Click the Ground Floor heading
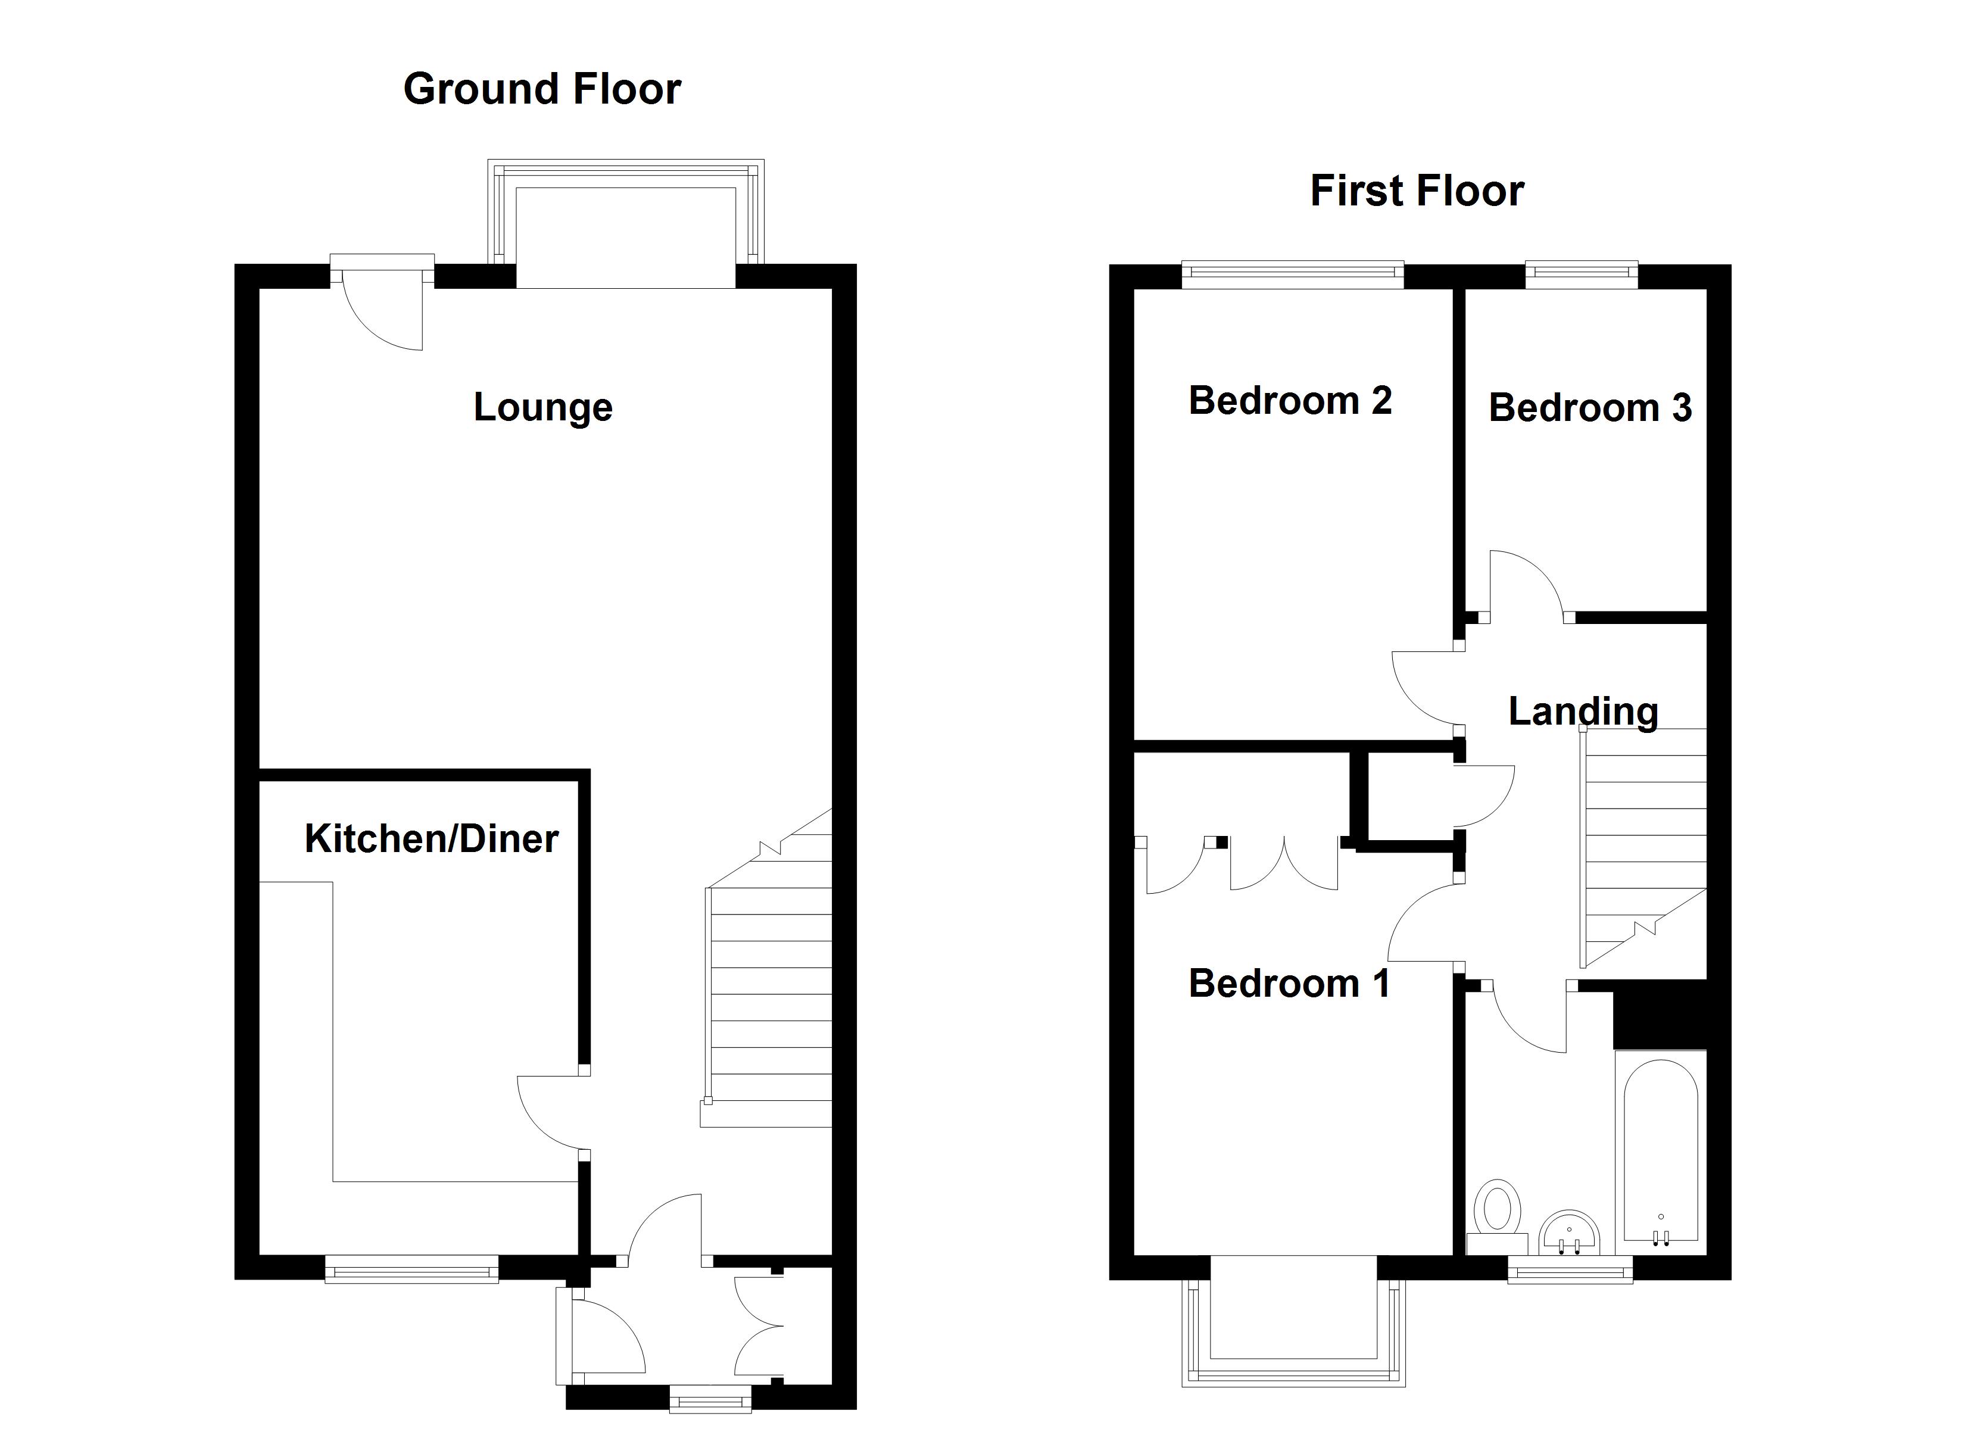click(542, 89)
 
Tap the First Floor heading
click(1417, 191)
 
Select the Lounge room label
click(543, 407)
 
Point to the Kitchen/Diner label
click(432, 839)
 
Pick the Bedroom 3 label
click(1589, 407)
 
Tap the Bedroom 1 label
click(1289, 984)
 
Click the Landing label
click(1583, 712)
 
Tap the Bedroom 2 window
click(1292, 276)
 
